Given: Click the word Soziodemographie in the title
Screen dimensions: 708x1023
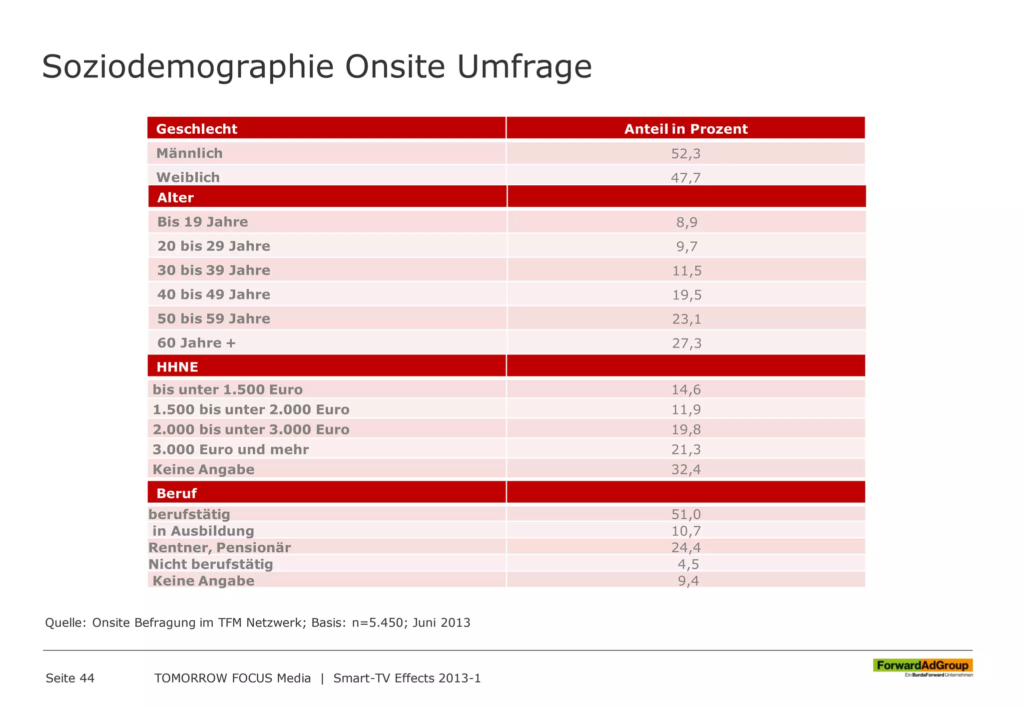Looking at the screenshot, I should point(187,67).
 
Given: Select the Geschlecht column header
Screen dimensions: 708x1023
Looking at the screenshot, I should point(196,129).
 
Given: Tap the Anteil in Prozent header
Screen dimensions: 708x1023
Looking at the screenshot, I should point(685,129).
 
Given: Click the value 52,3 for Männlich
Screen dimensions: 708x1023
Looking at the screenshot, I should point(685,154).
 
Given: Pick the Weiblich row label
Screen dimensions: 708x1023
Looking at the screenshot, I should point(188,177).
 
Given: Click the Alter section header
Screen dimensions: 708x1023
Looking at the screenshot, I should point(175,198).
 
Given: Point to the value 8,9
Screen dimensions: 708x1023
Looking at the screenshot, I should point(686,222).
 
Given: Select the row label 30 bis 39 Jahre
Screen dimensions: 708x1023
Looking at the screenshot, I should point(214,271).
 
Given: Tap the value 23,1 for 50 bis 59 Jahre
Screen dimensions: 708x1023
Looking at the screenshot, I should point(686,319).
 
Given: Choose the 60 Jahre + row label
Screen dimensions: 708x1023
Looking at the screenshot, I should point(196,343).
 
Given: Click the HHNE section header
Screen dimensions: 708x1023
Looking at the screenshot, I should point(177,367).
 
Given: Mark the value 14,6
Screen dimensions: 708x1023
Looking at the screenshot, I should point(686,390).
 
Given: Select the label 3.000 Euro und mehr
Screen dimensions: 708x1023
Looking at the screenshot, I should point(230,449).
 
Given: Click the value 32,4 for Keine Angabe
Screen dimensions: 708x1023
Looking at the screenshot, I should point(686,469).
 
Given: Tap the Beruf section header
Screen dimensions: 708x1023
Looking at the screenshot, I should point(176,493).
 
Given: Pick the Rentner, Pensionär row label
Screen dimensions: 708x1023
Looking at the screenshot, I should point(219,548).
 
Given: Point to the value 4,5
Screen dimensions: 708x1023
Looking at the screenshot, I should point(688,564).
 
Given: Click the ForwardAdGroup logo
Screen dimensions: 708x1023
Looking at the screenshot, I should point(922,667).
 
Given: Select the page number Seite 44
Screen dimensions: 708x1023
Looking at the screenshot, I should point(70,678).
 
